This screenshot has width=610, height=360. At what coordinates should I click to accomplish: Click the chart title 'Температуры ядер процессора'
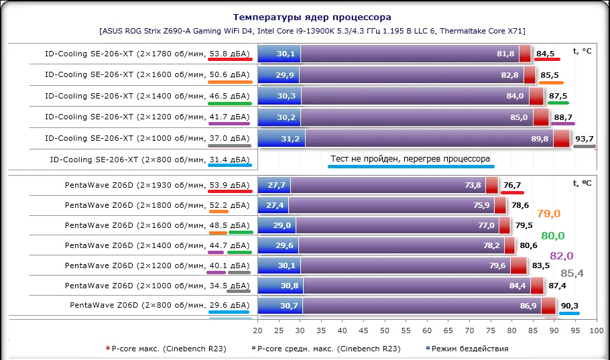click(312, 17)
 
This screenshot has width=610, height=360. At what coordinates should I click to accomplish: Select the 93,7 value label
click(585, 139)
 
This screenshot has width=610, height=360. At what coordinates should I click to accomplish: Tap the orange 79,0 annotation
click(548, 214)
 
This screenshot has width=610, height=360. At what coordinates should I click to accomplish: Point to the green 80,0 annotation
click(553, 235)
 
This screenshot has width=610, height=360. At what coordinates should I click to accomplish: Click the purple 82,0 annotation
click(562, 255)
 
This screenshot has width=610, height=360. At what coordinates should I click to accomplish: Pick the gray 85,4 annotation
click(572, 274)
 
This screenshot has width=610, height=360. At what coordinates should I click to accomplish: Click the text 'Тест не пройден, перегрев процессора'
click(410, 160)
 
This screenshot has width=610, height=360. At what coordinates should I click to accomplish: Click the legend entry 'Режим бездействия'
click(469, 349)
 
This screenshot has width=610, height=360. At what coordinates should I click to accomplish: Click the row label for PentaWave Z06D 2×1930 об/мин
click(157, 185)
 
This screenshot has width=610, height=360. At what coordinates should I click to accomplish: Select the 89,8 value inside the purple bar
click(540, 139)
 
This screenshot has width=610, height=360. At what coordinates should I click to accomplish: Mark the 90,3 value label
click(569, 306)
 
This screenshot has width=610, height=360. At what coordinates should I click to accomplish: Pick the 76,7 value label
click(512, 185)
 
